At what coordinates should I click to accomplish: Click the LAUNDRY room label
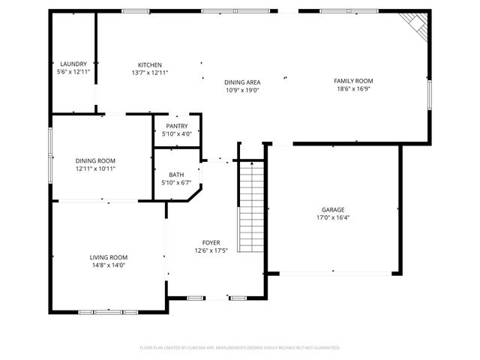pos(73,64)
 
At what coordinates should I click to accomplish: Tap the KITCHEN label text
pos(149,64)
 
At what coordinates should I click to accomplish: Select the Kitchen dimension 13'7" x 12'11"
pos(149,73)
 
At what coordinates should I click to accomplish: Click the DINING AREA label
pos(242,82)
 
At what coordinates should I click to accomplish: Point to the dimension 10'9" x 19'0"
pos(242,90)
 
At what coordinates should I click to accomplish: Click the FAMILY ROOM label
pos(353,81)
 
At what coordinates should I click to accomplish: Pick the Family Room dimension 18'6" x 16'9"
pos(353,89)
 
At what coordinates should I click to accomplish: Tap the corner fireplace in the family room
pos(415,25)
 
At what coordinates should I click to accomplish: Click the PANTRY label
pos(177,126)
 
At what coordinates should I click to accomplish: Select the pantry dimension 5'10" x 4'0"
pos(177,134)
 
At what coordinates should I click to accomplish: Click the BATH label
pos(176,175)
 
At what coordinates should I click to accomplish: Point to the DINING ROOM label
pos(95,160)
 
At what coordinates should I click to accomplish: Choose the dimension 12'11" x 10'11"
pos(95,169)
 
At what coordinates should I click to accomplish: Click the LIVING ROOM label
pos(109,256)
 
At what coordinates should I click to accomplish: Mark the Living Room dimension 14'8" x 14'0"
pos(109,265)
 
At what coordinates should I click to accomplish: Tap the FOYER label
pos(211,242)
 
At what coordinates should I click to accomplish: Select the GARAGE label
pos(332,210)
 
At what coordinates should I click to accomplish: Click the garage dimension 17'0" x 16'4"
pos(332,218)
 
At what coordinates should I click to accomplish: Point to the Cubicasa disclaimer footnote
pos(240,347)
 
